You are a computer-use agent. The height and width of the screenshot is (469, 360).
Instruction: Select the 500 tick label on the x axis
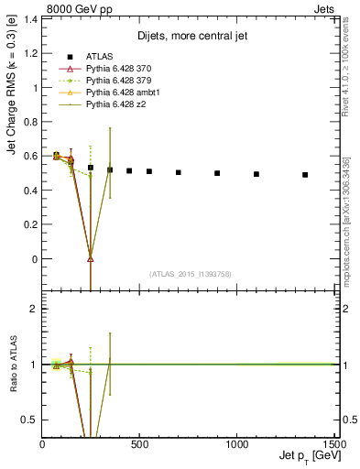[140, 444]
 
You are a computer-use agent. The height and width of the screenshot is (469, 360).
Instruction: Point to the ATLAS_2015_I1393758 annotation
[191, 273]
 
